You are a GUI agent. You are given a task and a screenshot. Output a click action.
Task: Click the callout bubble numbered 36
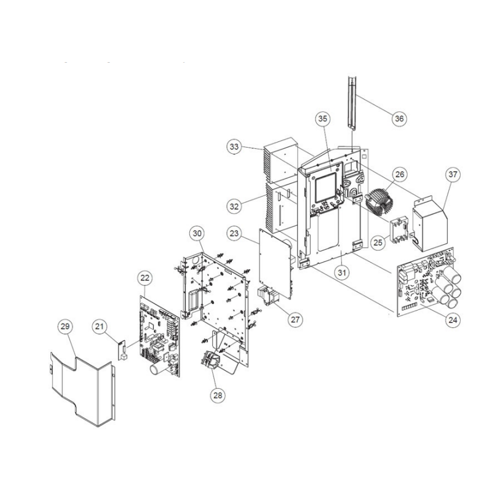[399, 119]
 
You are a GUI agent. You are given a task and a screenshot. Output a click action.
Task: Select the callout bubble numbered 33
[234, 146]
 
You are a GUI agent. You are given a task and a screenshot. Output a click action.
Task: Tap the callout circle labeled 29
[65, 327]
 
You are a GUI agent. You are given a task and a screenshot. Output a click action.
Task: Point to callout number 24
[453, 320]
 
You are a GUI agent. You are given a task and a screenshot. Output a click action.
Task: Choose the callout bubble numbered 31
[342, 272]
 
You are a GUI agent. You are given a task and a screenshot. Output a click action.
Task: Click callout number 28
[218, 395]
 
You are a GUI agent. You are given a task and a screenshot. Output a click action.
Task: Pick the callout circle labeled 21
[100, 327]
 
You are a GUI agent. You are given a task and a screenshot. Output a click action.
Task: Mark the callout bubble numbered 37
[453, 174]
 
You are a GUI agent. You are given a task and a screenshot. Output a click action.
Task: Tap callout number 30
[197, 234]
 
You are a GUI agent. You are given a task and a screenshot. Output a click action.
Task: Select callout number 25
[378, 242]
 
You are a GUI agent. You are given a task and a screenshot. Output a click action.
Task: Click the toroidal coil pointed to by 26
[378, 202]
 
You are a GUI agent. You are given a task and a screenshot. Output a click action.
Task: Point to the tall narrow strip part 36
[352, 103]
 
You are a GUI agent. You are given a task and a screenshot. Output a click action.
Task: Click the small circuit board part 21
[122, 350]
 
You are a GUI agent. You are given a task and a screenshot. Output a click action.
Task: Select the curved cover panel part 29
[82, 389]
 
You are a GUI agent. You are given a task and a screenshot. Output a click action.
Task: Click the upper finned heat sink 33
[280, 160]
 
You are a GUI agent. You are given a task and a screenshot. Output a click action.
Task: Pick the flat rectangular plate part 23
[274, 264]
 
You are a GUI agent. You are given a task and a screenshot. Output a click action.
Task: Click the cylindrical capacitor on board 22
[157, 370]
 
